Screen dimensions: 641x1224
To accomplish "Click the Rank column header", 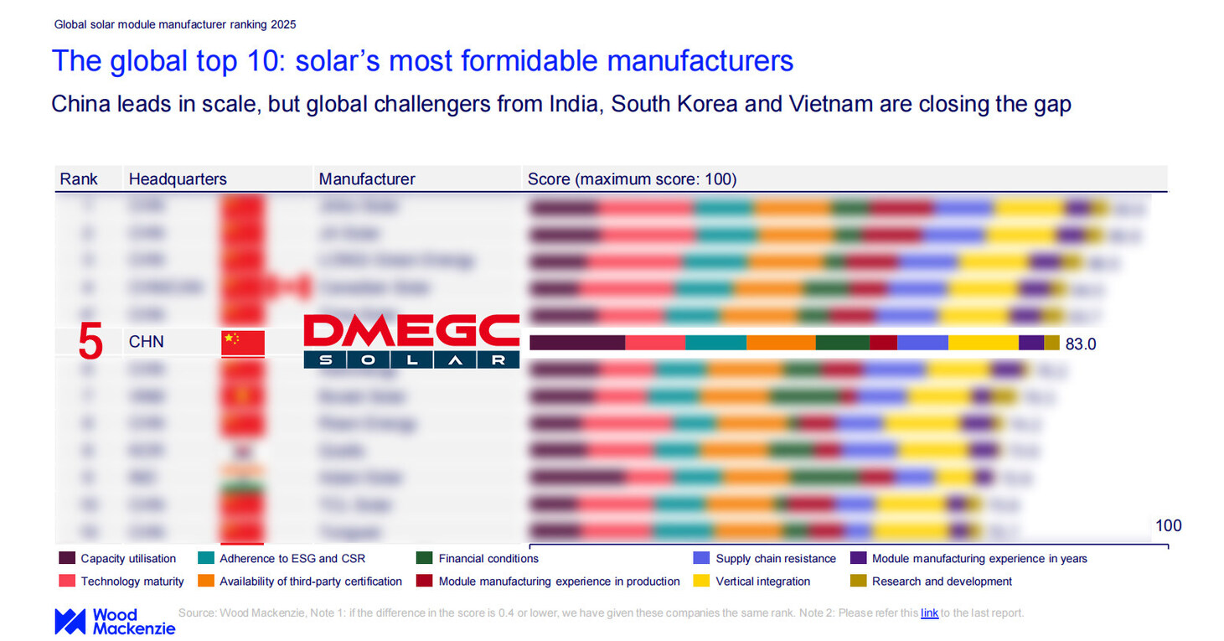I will (79, 179).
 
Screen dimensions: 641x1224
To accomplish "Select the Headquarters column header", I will (178, 179).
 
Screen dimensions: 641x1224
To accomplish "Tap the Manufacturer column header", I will (367, 179).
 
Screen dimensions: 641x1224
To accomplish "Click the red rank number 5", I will (90, 344).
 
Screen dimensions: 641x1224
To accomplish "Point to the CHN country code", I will (147, 343).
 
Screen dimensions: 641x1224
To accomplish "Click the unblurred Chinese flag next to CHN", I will (242, 343).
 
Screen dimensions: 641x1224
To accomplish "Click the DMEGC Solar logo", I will (411, 341).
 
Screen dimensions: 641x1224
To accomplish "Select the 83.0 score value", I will (1081, 344).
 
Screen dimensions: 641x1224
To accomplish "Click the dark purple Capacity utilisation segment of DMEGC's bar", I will (577, 343).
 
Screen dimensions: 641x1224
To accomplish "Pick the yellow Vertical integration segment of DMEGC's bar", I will (983, 343).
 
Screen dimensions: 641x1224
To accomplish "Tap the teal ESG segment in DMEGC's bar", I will (715, 343).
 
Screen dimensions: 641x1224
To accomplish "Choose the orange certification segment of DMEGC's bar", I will (780, 343).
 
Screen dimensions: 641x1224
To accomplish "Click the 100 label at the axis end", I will (1168, 526).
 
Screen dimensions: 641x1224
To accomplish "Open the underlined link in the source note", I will (929, 613).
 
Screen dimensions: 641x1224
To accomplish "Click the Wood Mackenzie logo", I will (115, 621).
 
